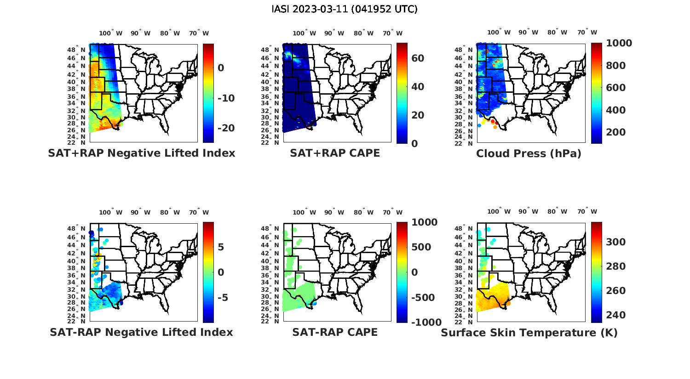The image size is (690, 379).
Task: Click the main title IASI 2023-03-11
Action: pyautogui.click(x=345, y=9)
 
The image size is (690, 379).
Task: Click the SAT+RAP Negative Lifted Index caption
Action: pyautogui.click(x=142, y=153)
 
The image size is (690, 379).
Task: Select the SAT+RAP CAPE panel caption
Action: pyautogui.click(x=335, y=153)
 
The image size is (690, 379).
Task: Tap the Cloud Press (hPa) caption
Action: pyautogui.click(x=529, y=153)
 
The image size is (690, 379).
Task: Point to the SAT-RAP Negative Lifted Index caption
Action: pyautogui.click(x=142, y=332)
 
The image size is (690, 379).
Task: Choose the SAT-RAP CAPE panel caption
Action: pyautogui.click(x=335, y=332)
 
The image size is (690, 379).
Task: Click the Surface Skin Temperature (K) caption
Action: pyautogui.click(x=529, y=333)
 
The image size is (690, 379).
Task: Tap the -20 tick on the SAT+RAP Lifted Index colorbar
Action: pyautogui.click(x=226, y=128)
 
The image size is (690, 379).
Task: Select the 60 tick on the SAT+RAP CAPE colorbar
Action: pyautogui.click(x=418, y=58)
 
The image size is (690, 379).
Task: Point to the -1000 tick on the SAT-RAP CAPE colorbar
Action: pyautogui.click(x=426, y=322)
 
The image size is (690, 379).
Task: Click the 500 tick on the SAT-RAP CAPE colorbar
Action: pyautogui.click(x=421, y=247)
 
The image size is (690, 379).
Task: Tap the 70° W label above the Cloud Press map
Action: pyautogui.click(x=587, y=33)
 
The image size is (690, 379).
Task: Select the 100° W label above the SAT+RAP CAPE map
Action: pyautogui.click(x=304, y=33)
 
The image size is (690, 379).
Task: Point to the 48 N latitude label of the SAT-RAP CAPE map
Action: pyautogui.click(x=270, y=229)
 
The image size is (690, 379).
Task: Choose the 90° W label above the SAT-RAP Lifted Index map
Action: pyautogui.click(x=140, y=212)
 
